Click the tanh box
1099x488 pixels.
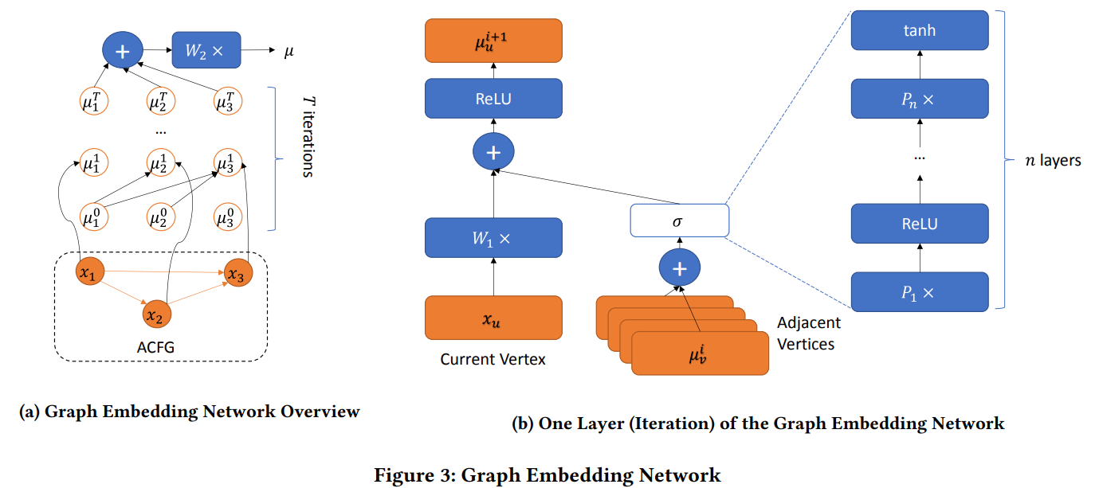(920, 31)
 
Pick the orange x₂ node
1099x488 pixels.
(157, 315)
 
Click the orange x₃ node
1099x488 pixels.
(237, 273)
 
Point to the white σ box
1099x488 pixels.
(679, 220)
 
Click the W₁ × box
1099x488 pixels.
(493, 237)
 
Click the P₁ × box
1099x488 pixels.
(920, 291)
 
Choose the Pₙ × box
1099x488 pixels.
(920, 99)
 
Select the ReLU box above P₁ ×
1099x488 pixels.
(920, 223)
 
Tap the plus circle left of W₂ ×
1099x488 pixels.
(122, 52)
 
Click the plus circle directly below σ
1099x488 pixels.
(679, 269)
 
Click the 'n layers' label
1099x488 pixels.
(1052, 161)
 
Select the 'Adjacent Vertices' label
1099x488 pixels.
(808, 334)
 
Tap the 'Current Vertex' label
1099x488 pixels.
(493, 359)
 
